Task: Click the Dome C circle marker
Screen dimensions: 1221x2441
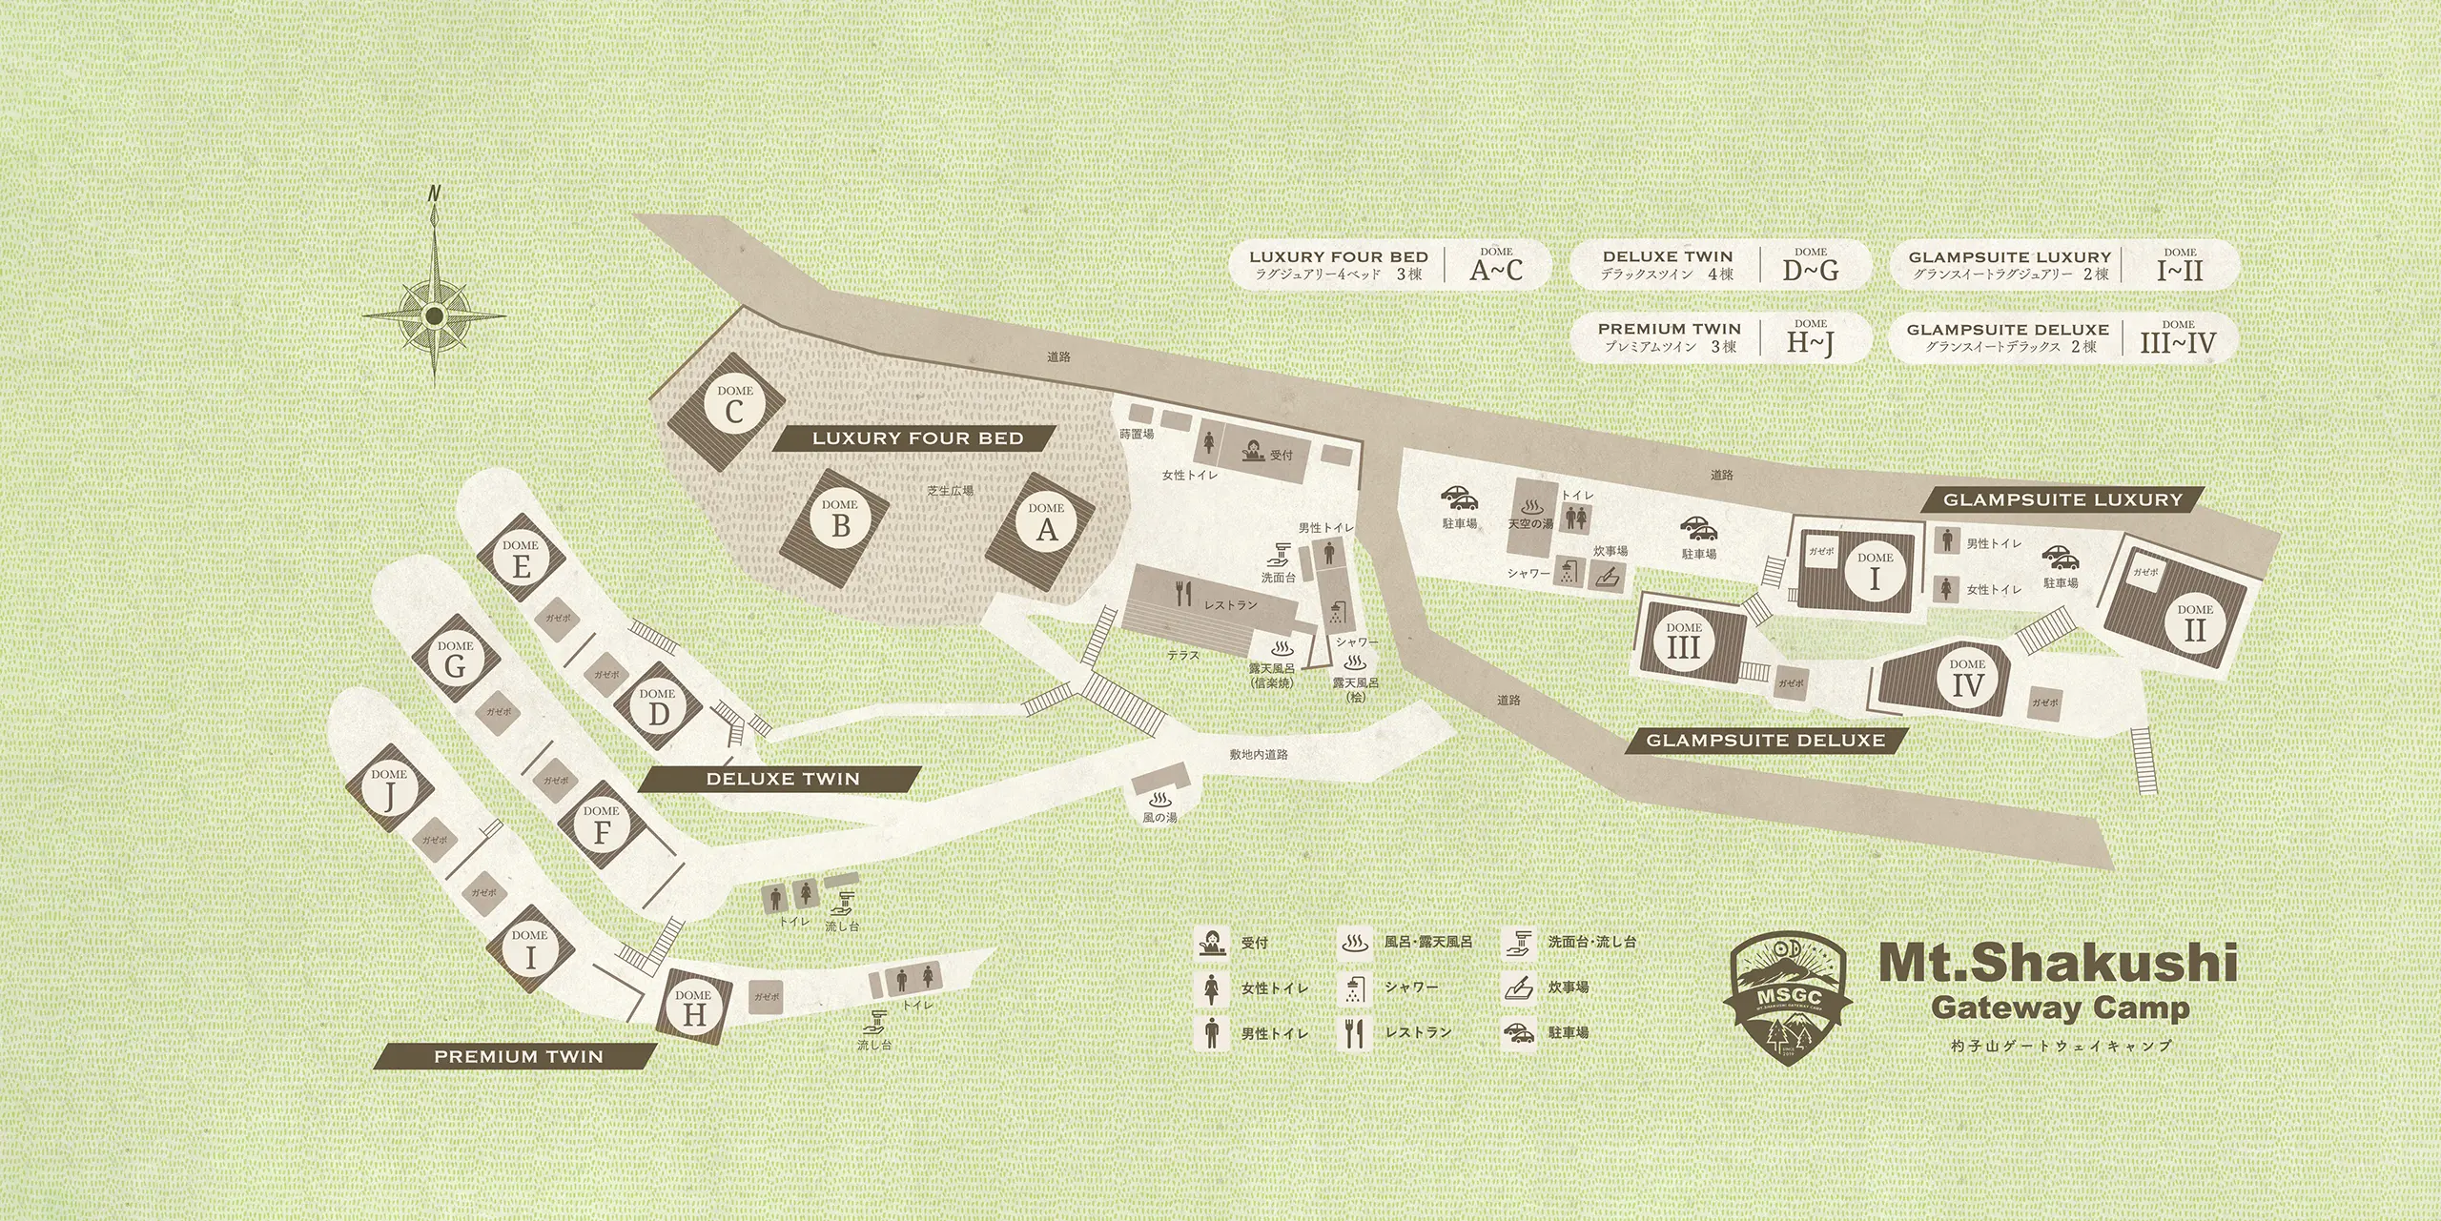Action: pos(734,405)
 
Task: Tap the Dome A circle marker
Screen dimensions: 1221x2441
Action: pos(1046,522)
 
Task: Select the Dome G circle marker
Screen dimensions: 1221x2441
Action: pos(455,661)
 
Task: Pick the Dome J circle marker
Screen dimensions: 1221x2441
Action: pos(389,789)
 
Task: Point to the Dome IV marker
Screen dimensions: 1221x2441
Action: pos(1967,679)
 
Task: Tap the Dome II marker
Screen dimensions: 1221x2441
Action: pos(2195,624)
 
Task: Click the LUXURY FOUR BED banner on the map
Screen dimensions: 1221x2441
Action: pos(917,438)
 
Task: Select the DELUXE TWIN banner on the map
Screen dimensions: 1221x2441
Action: pos(782,779)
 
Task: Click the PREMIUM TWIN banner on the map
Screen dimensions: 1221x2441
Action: pos(518,1056)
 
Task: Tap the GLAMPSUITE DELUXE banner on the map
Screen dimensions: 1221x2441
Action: pos(1765,740)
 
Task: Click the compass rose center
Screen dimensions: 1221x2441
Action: pos(434,315)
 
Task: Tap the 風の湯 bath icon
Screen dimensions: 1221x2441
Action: pos(1160,799)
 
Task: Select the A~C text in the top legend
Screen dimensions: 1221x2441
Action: pos(1496,271)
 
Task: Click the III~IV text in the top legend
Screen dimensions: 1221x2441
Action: pos(2178,343)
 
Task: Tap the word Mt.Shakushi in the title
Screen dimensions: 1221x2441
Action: pos(2058,963)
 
